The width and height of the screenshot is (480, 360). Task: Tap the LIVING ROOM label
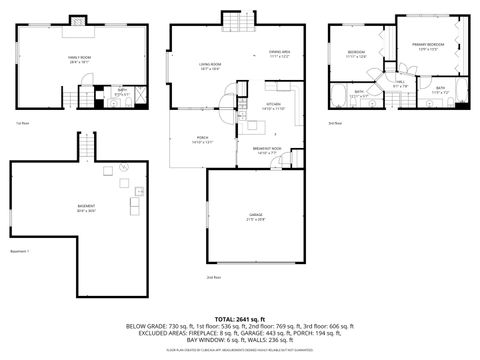[x=209, y=66]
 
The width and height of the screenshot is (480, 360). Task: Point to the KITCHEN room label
[x=272, y=105]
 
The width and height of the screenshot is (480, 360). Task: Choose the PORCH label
[x=202, y=139]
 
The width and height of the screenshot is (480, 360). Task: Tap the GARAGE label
[x=256, y=217]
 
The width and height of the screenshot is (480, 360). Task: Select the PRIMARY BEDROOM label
[x=428, y=45]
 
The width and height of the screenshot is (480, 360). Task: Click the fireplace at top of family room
[x=78, y=20]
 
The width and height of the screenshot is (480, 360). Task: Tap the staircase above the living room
[x=234, y=22]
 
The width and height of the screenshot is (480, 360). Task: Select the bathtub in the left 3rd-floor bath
[x=338, y=99]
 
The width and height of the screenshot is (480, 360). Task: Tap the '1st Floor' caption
[x=21, y=123]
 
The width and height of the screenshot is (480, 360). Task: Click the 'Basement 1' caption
[x=21, y=251]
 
